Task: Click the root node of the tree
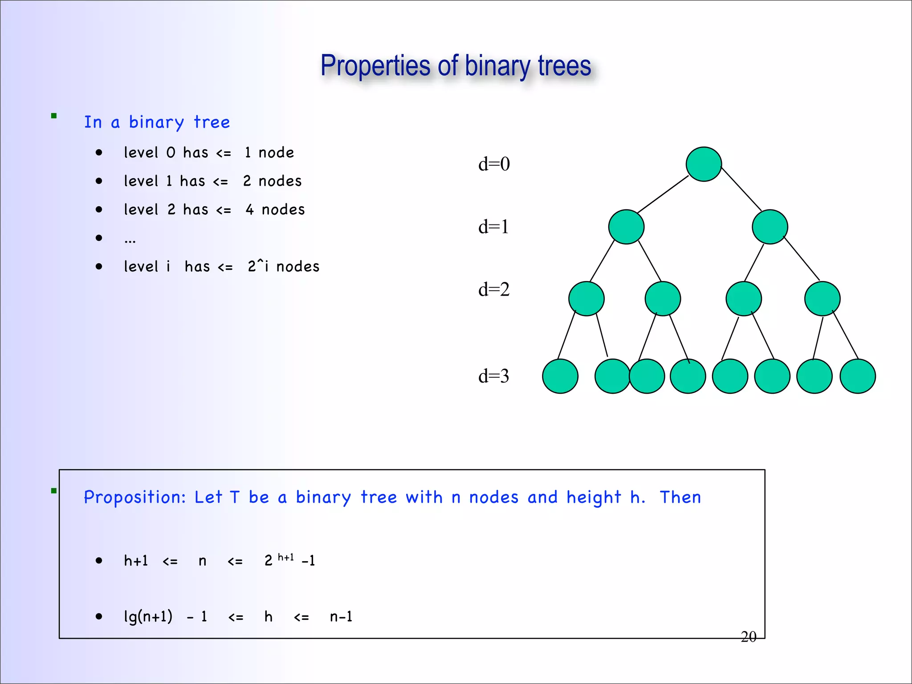pos(704,164)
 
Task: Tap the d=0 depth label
pos(494,164)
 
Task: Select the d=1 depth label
pos(493,227)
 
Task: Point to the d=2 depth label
pos(494,290)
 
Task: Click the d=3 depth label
pos(493,376)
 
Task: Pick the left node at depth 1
pos(626,227)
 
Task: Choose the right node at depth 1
pos(770,227)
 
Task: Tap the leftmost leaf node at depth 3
pos(560,376)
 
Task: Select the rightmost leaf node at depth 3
pos(858,376)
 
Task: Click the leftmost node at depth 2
pos(586,299)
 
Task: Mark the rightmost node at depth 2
pos(822,299)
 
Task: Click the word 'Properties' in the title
pos(375,66)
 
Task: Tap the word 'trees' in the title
pos(564,66)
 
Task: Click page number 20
pos(749,637)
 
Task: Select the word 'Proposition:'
pos(135,497)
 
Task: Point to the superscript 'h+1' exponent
pos(286,557)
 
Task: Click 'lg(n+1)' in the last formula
pos(148,617)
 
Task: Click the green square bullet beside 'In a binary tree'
pos(54,116)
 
